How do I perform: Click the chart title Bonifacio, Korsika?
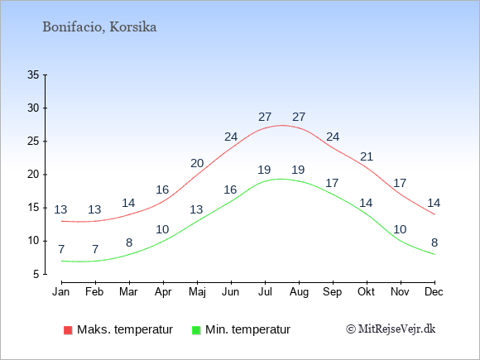99,27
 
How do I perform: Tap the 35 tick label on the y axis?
33,74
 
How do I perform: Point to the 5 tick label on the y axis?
36,274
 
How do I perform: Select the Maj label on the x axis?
197,292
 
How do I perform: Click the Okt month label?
366,292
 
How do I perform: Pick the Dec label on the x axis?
434,292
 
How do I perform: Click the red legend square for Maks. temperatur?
68,330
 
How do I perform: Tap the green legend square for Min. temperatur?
196,330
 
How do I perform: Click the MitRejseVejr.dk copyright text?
391,329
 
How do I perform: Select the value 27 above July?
265,117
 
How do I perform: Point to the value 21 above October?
367,156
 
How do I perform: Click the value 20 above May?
197,164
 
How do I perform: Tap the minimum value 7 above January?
61,249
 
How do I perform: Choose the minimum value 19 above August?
298,170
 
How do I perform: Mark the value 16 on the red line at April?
162,190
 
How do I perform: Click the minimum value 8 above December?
434,242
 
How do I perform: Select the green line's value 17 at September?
332,183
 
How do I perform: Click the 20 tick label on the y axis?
33,175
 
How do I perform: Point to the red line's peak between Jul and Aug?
281,125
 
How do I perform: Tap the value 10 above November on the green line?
400,229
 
